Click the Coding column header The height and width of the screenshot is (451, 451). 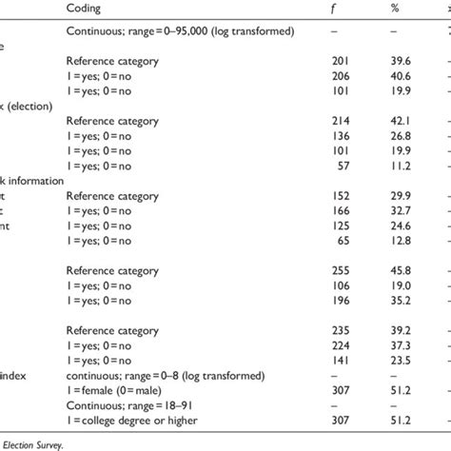(86, 8)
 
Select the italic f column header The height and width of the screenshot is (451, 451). (323, 8)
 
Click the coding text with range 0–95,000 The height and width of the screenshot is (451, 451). (180, 32)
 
